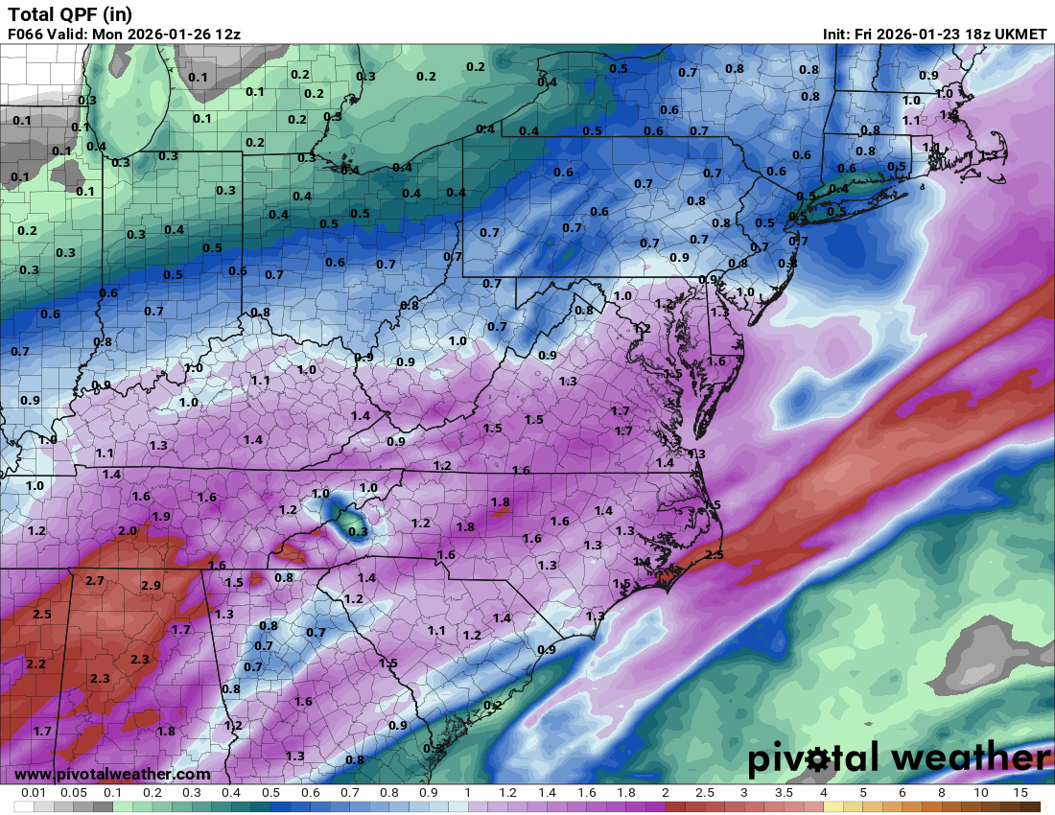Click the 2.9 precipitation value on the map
click(151, 586)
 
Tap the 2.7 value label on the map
click(95, 581)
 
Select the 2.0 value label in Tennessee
click(127, 531)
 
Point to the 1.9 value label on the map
click(161, 517)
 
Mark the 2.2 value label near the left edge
click(36, 664)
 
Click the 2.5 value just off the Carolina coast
click(714, 555)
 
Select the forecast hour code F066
click(26, 35)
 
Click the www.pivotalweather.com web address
click(112, 774)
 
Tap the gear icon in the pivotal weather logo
click(816, 760)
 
